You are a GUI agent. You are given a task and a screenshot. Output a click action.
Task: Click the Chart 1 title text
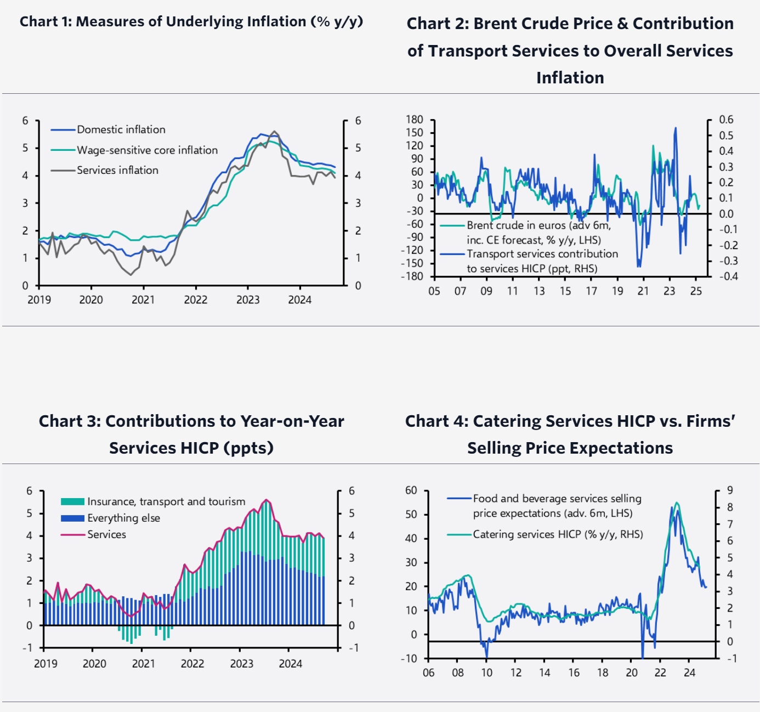[x=191, y=22]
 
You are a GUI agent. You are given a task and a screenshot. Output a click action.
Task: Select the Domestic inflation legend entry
[x=121, y=130]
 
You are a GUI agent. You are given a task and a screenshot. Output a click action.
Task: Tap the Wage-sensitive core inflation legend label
[x=147, y=150]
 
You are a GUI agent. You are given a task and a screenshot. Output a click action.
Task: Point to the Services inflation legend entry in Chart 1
[x=117, y=171]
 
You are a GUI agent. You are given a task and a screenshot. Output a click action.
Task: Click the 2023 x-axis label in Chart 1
[x=247, y=300]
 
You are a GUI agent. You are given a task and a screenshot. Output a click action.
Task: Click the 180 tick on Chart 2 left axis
[x=415, y=120]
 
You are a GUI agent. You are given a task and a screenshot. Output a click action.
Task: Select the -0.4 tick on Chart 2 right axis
[x=729, y=276]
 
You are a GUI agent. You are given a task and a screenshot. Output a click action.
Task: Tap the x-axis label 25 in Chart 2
[x=695, y=291]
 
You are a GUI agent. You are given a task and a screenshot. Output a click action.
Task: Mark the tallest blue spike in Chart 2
[x=675, y=129]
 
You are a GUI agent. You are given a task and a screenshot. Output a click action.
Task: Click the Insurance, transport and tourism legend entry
[x=166, y=502]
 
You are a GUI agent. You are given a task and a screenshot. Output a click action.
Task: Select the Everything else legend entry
[x=123, y=518]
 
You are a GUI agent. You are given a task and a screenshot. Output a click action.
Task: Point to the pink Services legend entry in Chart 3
[x=106, y=535]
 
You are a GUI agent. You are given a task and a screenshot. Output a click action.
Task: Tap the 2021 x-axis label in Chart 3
[x=143, y=664]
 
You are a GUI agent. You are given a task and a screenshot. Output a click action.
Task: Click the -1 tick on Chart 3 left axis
[x=27, y=648]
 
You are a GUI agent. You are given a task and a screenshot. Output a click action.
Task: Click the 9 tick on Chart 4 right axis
[x=730, y=490]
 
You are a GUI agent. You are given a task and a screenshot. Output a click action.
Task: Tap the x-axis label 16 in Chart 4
[x=574, y=673]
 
